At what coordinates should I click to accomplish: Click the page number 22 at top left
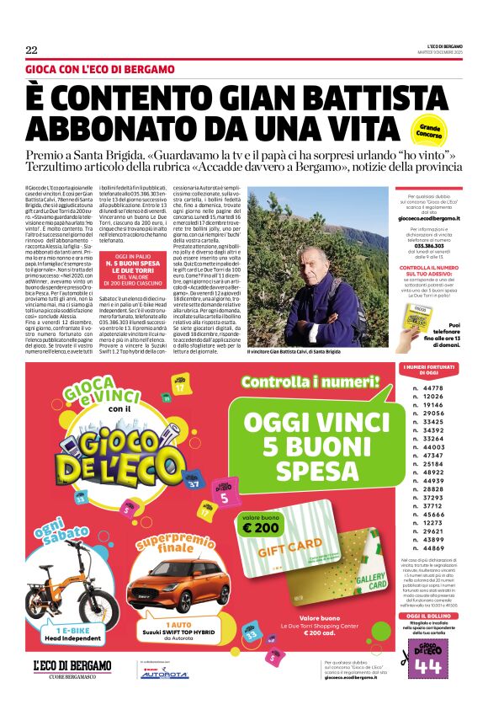pyautogui.click(x=31, y=49)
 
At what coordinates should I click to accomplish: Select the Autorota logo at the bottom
pyautogui.click(x=164, y=674)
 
